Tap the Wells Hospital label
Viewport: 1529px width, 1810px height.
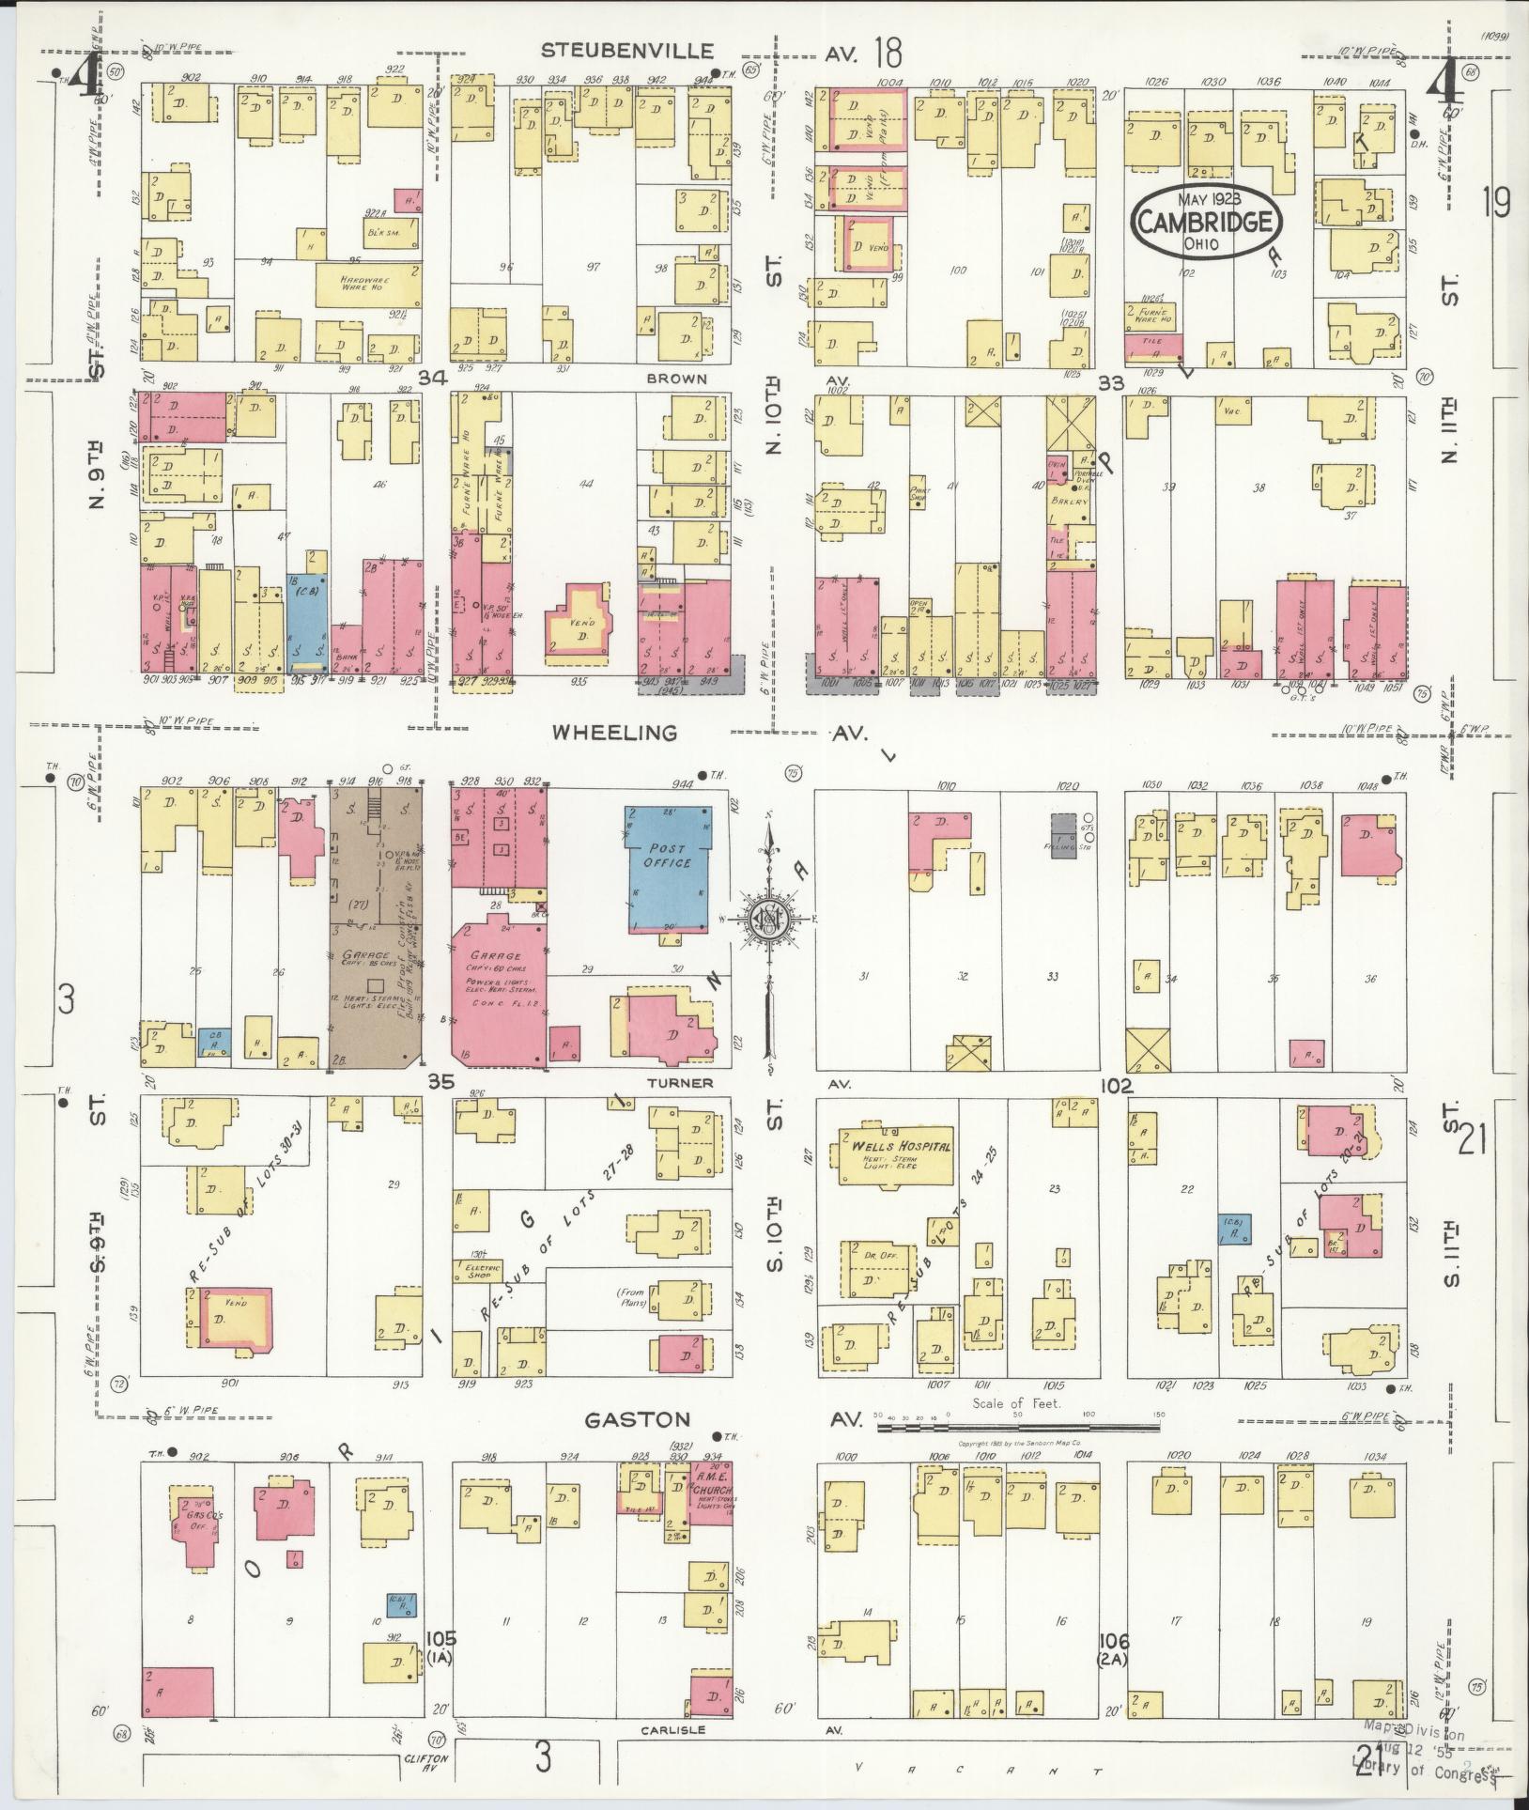900,1147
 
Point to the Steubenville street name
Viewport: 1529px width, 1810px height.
627,51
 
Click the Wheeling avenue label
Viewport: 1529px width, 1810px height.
627,733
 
